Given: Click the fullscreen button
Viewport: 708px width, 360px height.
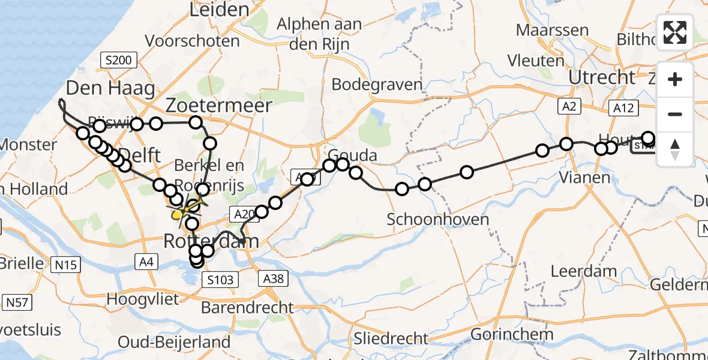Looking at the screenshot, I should tap(675, 32).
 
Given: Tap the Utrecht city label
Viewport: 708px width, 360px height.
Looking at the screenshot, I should tap(601, 77).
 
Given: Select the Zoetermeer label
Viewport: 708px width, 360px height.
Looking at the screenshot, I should tap(219, 106).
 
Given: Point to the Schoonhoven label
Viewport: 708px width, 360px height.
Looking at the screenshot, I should tap(437, 219).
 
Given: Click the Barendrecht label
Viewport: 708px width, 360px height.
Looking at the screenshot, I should tap(247, 308).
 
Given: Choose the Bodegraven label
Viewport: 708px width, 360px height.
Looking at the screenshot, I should tap(377, 85).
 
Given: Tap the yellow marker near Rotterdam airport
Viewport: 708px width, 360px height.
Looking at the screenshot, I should tap(176, 214).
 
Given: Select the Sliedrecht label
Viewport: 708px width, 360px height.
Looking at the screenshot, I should tap(391, 338).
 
